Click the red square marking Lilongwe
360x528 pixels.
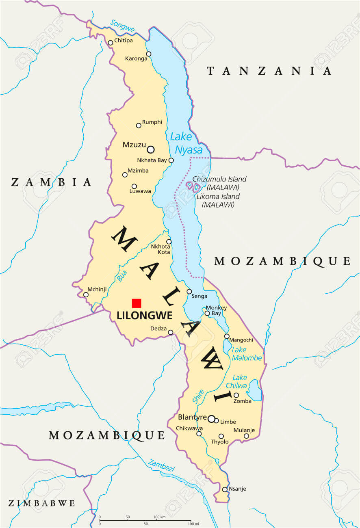[x=137, y=303]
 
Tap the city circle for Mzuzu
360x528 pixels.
[x=151, y=149]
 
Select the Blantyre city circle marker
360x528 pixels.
[x=211, y=418]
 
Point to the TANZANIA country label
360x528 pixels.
[x=269, y=71]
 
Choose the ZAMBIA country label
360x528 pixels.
[x=51, y=182]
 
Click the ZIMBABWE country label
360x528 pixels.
[x=41, y=503]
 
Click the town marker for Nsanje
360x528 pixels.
[x=225, y=489]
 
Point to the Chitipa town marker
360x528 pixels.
[x=110, y=43]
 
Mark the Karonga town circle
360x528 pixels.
[x=149, y=54]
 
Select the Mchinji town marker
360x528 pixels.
[x=86, y=295]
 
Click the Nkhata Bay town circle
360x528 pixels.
[x=171, y=160]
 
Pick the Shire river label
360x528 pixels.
[x=198, y=396]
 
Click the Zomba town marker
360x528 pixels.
[x=236, y=395]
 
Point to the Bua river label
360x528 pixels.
[x=122, y=276]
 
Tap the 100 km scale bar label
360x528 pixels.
[x=159, y=517]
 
